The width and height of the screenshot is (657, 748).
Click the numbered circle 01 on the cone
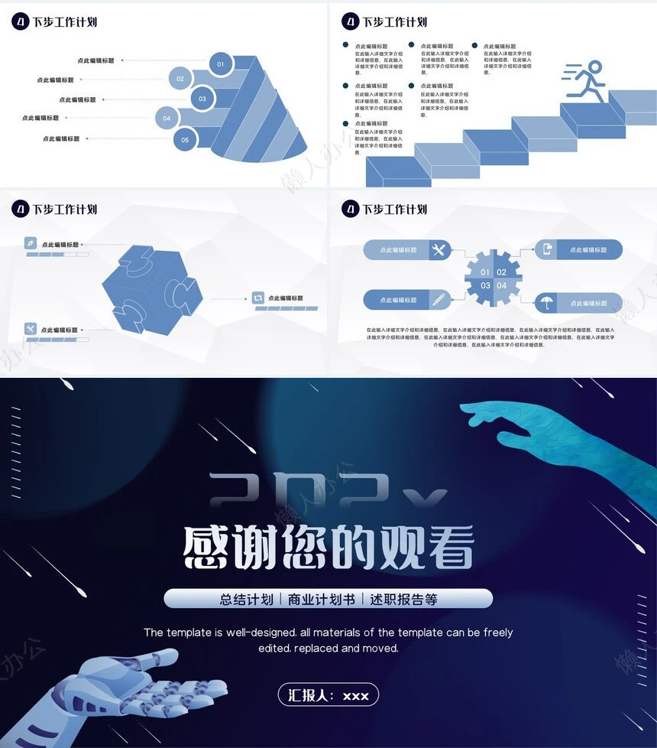point(221,64)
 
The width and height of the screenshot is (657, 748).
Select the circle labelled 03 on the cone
point(202,99)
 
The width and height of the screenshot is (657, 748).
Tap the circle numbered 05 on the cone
point(185,140)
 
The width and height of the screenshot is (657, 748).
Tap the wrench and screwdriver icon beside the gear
point(439,250)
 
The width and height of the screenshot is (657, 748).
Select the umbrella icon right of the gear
point(547,303)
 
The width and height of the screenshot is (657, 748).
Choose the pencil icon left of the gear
point(439,300)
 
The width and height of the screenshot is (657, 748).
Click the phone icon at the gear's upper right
point(547,249)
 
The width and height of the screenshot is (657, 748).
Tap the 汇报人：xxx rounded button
point(328,694)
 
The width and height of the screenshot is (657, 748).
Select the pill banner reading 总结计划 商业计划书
point(328,599)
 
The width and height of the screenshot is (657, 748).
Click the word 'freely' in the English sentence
point(496,633)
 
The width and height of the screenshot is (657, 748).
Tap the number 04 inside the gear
point(502,286)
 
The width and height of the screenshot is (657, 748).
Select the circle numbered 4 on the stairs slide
point(350,21)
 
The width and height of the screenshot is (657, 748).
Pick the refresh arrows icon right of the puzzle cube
point(258,298)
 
